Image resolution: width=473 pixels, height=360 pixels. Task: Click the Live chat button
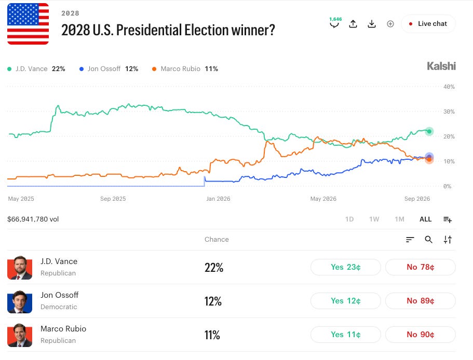point(428,24)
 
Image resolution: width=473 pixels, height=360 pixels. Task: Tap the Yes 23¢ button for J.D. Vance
point(345,267)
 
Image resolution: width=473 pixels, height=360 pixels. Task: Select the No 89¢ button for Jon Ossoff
point(420,301)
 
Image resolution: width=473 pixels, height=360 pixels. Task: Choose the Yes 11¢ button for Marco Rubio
point(345,335)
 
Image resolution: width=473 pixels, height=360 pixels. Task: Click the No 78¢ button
point(420,267)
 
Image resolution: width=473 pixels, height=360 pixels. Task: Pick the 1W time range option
point(374,219)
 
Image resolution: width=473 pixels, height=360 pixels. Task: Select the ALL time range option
point(425,219)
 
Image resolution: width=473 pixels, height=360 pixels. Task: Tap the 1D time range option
point(349,219)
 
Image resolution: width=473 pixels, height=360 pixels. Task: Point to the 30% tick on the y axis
point(449,112)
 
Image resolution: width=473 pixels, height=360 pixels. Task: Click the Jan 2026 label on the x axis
point(218,199)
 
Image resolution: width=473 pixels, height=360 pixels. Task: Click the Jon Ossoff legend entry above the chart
point(109,69)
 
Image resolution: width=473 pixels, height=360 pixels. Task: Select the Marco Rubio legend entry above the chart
point(185,69)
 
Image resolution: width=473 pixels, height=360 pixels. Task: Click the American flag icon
point(28,24)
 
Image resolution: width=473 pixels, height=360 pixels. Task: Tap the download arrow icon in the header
point(372,24)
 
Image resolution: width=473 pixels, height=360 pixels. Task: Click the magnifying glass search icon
point(429,240)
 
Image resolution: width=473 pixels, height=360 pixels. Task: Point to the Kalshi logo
point(441,66)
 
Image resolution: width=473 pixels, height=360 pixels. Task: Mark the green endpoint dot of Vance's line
point(429,131)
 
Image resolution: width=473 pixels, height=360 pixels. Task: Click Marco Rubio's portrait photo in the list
point(20,335)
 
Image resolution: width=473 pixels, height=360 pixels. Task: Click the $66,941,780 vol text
point(33,219)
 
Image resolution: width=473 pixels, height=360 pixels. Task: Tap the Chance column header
point(217,240)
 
